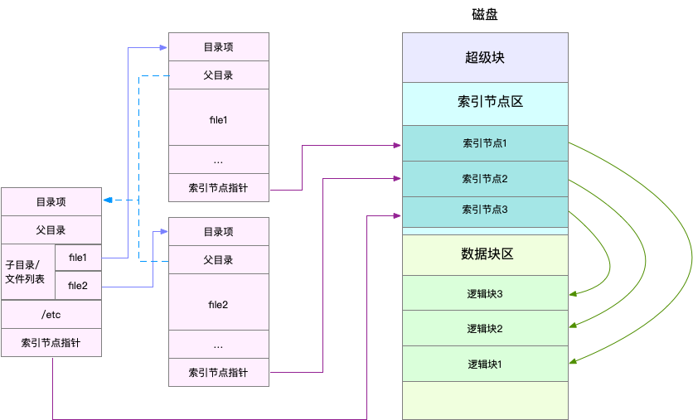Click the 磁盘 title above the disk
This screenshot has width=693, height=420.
[485, 15]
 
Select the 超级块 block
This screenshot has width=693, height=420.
[485, 58]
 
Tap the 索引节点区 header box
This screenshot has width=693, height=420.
[485, 103]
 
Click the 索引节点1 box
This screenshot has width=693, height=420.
[485, 143]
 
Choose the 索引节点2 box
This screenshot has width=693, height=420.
[485, 178]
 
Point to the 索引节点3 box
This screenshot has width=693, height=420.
[485, 210]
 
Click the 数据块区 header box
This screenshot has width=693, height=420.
[485, 254]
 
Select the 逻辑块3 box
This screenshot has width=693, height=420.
[485, 293]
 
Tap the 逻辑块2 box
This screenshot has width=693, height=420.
[485, 328]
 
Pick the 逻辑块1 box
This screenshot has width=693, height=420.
[485, 364]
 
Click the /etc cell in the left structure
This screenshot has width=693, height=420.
[51, 314]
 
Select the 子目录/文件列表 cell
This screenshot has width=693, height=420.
[28, 272]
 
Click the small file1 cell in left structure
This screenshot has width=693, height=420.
[78, 258]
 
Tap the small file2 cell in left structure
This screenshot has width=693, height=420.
[78, 286]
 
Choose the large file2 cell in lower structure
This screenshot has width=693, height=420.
[219, 303]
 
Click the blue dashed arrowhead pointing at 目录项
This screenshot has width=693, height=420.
[109, 200]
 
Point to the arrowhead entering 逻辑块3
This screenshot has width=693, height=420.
[573, 293]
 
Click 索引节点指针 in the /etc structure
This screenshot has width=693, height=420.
[51, 342]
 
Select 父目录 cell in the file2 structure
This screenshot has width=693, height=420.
[219, 260]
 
